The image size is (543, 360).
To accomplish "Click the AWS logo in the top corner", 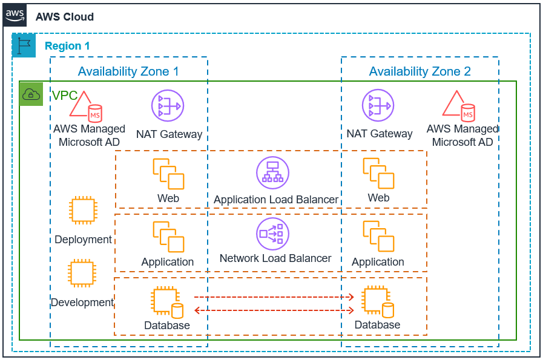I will pyautogui.click(x=15, y=15).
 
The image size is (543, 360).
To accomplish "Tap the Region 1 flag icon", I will pyautogui.click(x=24, y=45).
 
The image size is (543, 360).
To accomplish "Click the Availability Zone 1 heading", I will pyautogui.click(x=128, y=71).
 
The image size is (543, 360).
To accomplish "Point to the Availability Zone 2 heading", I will pyautogui.click(x=420, y=71).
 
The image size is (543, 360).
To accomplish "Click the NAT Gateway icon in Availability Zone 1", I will pyautogui.click(x=167, y=106).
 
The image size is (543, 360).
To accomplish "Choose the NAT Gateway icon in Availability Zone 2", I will pyautogui.click(x=378, y=106).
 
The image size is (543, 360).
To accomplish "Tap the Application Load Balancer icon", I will pyautogui.click(x=272, y=172).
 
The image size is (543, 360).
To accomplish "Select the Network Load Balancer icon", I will pyautogui.click(x=272, y=234).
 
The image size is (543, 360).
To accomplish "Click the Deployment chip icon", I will pyautogui.click(x=83, y=211).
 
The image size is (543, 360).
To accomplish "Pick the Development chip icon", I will pyautogui.click(x=82, y=274).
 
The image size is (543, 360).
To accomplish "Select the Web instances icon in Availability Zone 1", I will pyautogui.click(x=168, y=174).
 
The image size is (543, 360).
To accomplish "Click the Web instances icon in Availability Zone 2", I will pyautogui.click(x=378, y=173).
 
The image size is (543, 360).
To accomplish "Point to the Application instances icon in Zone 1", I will pyautogui.click(x=168, y=237).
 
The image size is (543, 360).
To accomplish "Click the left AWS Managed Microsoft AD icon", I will pyautogui.click(x=85, y=105).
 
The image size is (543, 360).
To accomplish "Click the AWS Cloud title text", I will pyautogui.click(x=65, y=16).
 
